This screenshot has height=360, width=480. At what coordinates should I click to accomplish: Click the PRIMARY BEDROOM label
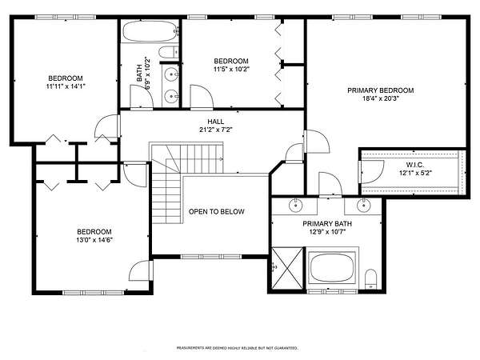pyautogui.click(x=381, y=90)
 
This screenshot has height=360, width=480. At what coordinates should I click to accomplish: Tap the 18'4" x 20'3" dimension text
pyautogui.click(x=381, y=98)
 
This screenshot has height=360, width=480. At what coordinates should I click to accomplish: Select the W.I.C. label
pyautogui.click(x=415, y=165)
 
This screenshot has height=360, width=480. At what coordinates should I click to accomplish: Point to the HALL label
pyautogui.click(x=216, y=122)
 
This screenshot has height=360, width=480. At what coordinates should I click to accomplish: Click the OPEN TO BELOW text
pyautogui.click(x=217, y=211)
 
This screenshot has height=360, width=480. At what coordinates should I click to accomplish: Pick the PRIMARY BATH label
pyautogui.click(x=327, y=224)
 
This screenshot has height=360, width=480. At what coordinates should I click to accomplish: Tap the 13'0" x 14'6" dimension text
pyautogui.click(x=94, y=240)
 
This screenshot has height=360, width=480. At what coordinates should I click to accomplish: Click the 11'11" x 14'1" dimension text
pyautogui.click(x=66, y=86)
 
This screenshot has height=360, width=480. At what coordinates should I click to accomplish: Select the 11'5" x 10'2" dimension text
pyautogui.click(x=231, y=69)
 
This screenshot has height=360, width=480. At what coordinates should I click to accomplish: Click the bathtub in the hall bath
pyautogui.click(x=150, y=31)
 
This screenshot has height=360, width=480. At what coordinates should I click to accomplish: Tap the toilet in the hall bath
pyautogui.click(x=169, y=52)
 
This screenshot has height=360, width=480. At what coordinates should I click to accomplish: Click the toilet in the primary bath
pyautogui.click(x=370, y=279)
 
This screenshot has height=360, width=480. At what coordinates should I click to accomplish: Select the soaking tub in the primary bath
pyautogui.click(x=332, y=268)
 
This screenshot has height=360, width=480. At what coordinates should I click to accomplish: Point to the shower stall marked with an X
pyautogui.click(x=287, y=268)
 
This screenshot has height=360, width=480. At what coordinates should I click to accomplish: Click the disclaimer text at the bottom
pyautogui.click(x=238, y=348)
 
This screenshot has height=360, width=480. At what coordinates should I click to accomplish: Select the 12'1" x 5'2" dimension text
pyautogui.click(x=415, y=173)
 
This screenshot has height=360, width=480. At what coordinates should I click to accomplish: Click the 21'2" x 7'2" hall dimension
pyautogui.click(x=216, y=130)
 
